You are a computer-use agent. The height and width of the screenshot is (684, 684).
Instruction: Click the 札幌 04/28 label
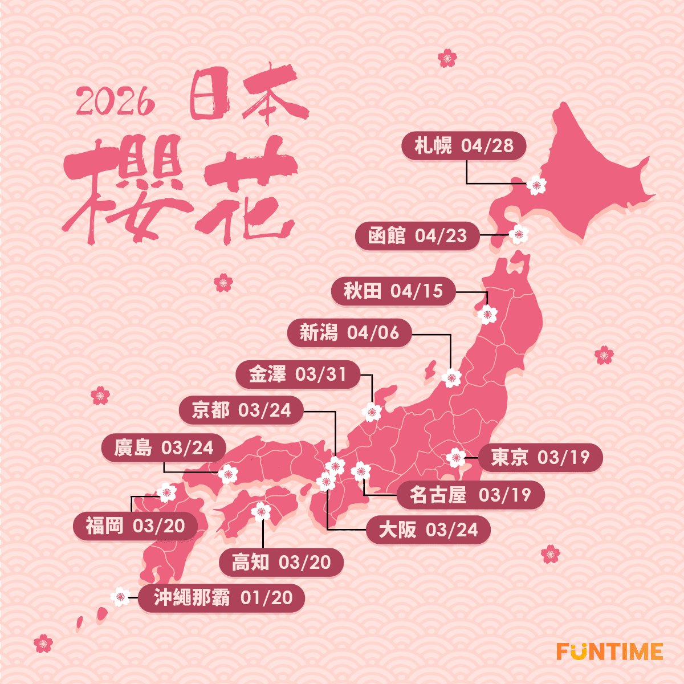click(x=463, y=146)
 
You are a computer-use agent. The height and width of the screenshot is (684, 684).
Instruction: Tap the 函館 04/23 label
click(x=417, y=235)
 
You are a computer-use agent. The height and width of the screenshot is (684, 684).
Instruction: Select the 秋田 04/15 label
click(x=393, y=291)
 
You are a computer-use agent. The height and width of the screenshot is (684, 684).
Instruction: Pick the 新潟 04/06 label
click(x=349, y=333)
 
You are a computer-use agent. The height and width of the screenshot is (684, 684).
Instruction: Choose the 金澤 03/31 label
click(x=298, y=374)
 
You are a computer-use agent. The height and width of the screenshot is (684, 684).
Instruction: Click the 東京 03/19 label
click(x=540, y=457)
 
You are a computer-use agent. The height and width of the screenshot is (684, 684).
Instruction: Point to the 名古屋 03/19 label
click(x=470, y=495)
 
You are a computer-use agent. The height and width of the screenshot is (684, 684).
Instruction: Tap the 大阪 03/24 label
click(x=428, y=530)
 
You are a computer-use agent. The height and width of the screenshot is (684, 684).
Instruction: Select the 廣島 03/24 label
click(x=164, y=448)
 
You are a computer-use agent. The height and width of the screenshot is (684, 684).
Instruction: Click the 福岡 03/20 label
click(x=135, y=526)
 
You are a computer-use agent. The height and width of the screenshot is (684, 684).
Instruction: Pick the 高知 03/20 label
click(x=282, y=563)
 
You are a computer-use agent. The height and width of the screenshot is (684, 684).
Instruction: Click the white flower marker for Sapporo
click(x=536, y=185)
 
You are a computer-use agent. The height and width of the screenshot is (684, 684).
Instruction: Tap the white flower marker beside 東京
click(x=456, y=457)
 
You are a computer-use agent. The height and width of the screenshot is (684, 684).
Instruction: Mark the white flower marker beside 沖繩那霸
click(x=120, y=597)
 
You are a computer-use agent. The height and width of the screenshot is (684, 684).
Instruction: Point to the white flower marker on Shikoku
click(x=262, y=511)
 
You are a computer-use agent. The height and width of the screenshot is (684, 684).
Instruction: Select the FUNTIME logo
click(x=609, y=652)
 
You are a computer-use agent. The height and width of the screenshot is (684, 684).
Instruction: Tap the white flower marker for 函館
click(x=519, y=234)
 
